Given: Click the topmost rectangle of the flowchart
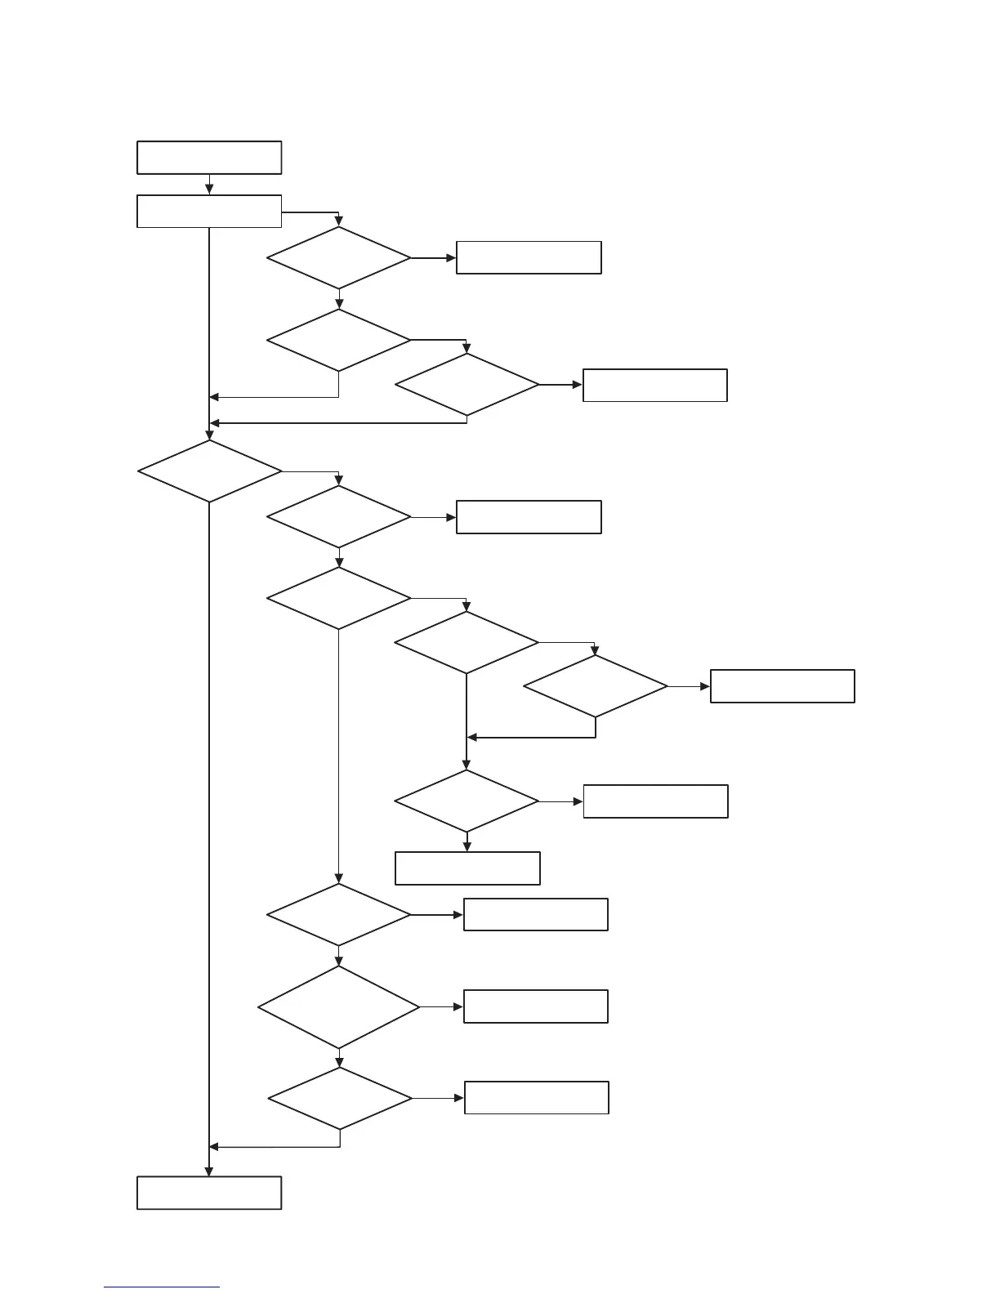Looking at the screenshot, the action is [209, 158].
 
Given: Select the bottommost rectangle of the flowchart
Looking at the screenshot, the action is [209, 1193].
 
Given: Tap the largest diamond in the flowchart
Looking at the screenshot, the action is [339, 1007].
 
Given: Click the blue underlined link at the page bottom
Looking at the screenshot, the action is [162, 1287].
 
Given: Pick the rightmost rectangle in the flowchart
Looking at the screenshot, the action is [783, 686].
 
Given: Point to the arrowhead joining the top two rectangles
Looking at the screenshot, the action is [209, 190].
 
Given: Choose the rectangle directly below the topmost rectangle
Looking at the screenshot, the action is [209, 211].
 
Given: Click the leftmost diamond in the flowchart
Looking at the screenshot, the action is [210, 471].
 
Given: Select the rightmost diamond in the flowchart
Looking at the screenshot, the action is [596, 686].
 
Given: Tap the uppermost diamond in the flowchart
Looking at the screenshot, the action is [339, 258].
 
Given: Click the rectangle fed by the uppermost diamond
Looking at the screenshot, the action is [529, 257].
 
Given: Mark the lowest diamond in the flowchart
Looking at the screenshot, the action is [340, 1099].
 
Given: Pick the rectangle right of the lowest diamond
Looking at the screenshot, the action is [537, 1098].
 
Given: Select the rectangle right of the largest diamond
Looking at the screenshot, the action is [536, 1006].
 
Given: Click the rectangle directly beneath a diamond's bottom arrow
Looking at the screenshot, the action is [467, 868].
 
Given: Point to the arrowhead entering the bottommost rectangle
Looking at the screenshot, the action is [209, 1171].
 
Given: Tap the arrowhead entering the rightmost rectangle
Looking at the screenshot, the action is [705, 687].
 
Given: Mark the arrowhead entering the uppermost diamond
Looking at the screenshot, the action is [339, 222].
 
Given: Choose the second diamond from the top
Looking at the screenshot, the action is [339, 340].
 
